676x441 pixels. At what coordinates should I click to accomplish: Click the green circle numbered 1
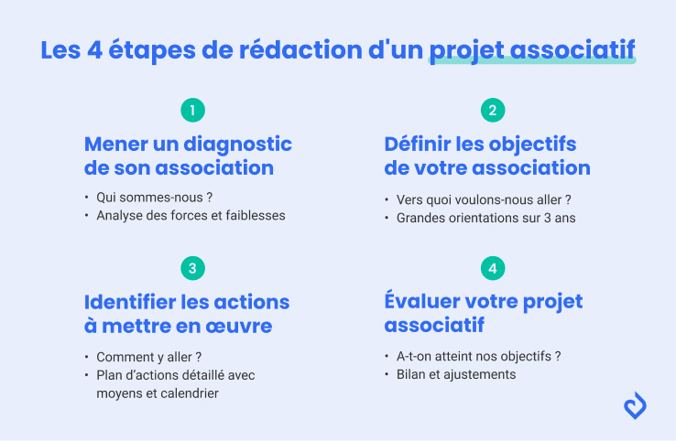(x=192, y=111)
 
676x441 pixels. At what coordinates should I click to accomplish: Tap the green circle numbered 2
(x=493, y=111)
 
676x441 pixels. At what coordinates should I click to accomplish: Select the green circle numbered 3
(x=192, y=268)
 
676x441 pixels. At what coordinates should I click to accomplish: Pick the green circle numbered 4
(x=493, y=268)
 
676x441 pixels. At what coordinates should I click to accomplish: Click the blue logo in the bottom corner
(x=635, y=405)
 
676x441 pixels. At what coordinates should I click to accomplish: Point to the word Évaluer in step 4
(x=423, y=302)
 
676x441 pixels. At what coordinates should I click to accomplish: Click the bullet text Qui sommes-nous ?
(x=147, y=198)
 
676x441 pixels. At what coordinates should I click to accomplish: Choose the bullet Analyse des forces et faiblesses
(x=191, y=216)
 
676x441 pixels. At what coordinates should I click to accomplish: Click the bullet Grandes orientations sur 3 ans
(x=485, y=218)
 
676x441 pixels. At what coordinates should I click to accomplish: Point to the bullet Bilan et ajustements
(x=456, y=374)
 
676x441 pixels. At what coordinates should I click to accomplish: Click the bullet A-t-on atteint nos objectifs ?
(x=478, y=356)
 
